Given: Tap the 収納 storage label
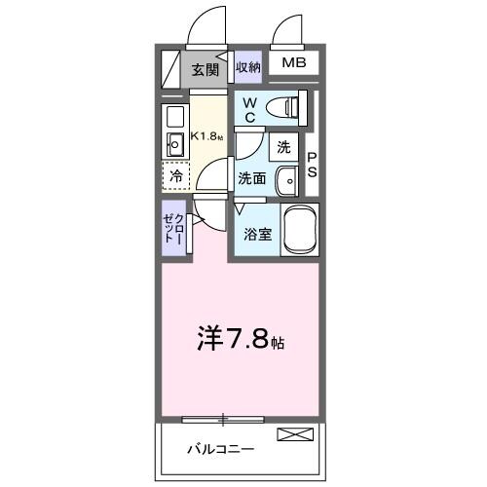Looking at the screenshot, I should click(x=248, y=67).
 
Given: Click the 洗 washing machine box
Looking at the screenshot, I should click(x=283, y=148).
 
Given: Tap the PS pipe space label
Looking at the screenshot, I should click(x=313, y=164).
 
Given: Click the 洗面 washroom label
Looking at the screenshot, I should click(x=252, y=179).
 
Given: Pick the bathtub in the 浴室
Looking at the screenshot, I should click(x=302, y=230).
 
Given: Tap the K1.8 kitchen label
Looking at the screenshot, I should click(x=206, y=134).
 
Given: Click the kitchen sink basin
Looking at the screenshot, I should click(x=176, y=146).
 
